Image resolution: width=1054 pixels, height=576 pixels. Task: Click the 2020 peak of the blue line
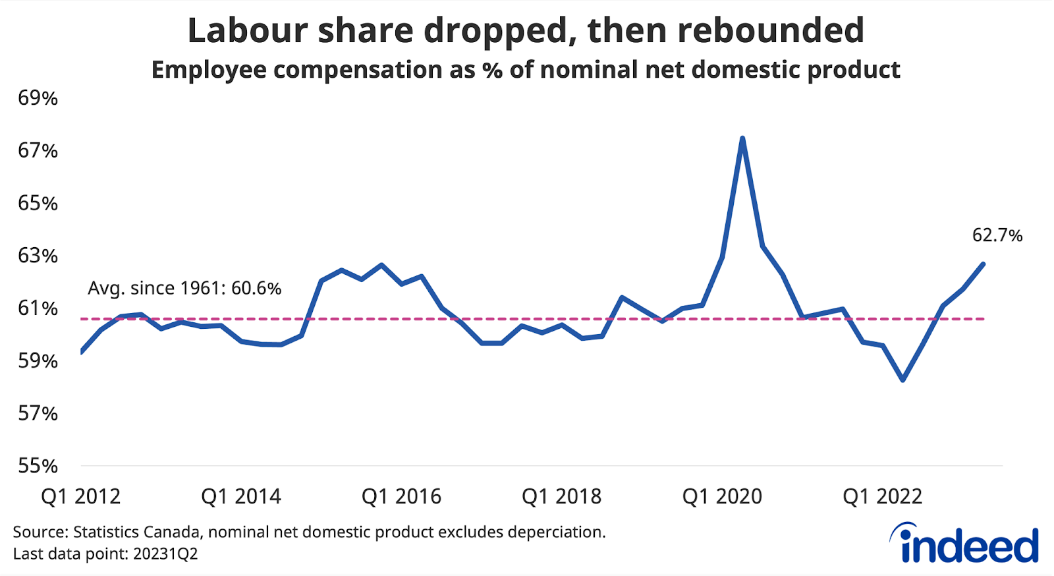[x=742, y=138]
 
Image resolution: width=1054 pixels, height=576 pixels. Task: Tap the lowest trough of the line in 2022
[x=902, y=380]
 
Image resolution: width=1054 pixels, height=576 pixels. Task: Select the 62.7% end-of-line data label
[x=997, y=235]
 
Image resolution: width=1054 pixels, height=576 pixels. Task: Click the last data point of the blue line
[x=983, y=264]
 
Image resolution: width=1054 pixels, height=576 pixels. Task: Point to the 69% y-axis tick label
[x=38, y=98]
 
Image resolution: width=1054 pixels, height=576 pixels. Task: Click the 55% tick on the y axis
[x=38, y=466]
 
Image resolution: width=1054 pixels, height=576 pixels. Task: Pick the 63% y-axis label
[x=38, y=256]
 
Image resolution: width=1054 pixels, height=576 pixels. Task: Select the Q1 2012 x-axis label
[x=80, y=496]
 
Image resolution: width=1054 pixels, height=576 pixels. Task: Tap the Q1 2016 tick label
[x=401, y=496]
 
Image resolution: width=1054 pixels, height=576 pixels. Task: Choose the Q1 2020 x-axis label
[x=722, y=496]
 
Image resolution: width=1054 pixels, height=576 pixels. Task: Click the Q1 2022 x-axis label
[x=882, y=496]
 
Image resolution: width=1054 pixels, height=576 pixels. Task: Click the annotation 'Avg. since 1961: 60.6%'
[x=184, y=289]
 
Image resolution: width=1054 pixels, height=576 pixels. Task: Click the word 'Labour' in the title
[x=248, y=31]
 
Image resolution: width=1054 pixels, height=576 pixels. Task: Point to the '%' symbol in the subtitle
[x=491, y=70]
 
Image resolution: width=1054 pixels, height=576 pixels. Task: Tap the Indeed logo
[x=965, y=544]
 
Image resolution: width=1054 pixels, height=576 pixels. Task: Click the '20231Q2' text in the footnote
[x=165, y=554]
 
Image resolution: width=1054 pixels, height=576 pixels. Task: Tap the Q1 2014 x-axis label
[x=240, y=496]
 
